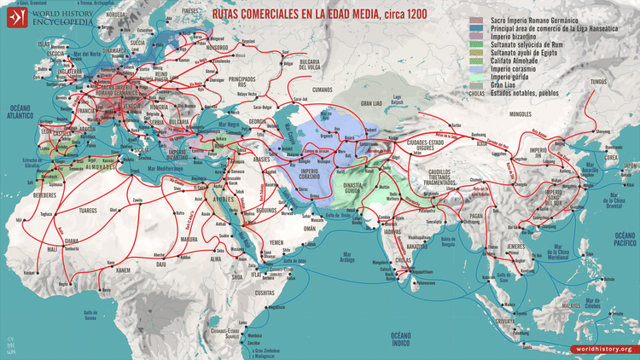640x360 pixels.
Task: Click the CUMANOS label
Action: pyautogui.click(x=298, y=87)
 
